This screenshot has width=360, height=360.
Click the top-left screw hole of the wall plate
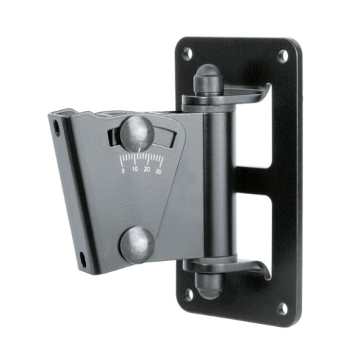(x=187, y=53)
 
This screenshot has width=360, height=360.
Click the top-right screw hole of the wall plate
(x=282, y=56)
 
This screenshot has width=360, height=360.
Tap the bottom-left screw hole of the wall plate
(x=188, y=294)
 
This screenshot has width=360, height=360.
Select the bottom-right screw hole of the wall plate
(x=282, y=309)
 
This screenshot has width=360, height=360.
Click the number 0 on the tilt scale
(x=123, y=171)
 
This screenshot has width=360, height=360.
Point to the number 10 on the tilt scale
(x=135, y=169)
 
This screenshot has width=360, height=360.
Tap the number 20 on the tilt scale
(x=147, y=170)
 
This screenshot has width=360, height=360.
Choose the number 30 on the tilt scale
(x=159, y=172)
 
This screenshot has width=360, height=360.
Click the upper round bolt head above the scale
(x=137, y=134)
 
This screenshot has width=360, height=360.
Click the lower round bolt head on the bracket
(x=137, y=245)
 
